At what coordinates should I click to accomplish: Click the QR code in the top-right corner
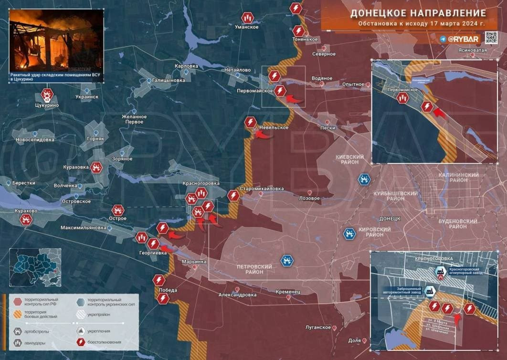coord(492,38)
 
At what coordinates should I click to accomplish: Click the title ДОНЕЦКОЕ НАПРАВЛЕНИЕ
coord(418,13)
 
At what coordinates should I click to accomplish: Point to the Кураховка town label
coord(76,167)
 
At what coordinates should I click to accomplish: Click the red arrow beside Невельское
coord(262,135)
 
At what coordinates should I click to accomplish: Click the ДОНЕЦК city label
coord(389,218)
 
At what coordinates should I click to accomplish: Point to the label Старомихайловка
coord(262,189)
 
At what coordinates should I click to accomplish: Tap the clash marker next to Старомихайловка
coord(233,195)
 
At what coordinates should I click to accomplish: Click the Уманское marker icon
coord(247,18)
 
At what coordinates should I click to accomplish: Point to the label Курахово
coord(26,211)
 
